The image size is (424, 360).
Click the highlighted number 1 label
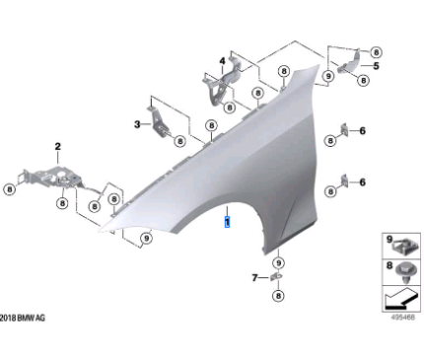click(x=227, y=222)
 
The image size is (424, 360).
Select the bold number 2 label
click(x=58, y=146)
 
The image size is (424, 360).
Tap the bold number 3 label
click(x=137, y=124)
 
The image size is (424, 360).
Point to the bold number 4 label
click(x=223, y=61)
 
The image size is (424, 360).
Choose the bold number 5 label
click(x=376, y=66)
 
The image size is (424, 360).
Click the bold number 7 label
click(x=254, y=278)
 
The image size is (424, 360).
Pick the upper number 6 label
click(x=362, y=131)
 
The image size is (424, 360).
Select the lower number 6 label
click(x=362, y=181)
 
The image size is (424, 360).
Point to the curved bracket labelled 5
click(x=349, y=63)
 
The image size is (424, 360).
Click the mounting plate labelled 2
click(x=52, y=178)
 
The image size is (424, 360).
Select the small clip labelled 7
click(x=276, y=277)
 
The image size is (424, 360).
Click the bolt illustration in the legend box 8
click(x=405, y=272)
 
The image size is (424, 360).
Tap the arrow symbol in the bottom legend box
click(x=401, y=299)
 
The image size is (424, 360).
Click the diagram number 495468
click(x=403, y=318)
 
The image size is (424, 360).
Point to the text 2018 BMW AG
click(x=23, y=318)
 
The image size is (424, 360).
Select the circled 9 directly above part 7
click(x=279, y=263)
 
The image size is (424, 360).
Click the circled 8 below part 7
click(x=278, y=296)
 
